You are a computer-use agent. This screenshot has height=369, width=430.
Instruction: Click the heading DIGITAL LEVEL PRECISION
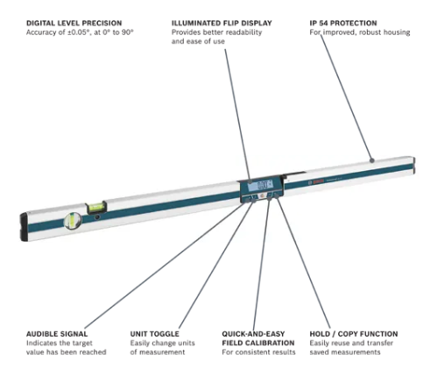coord(74,23)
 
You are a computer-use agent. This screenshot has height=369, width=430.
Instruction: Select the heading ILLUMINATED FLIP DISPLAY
coord(222,23)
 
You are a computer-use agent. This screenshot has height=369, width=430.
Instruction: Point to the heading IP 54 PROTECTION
coord(343,23)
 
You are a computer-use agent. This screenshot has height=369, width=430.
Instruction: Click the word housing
coord(397,32)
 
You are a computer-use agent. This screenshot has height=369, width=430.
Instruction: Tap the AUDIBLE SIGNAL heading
coord(57,334)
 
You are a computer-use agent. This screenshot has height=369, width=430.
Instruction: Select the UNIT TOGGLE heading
coord(154,334)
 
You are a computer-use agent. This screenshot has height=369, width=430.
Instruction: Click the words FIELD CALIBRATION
coord(258,343)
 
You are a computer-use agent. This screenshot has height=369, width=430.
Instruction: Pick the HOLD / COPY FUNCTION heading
coord(354,334)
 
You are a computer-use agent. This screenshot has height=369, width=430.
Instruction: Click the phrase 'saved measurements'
coord(345,352)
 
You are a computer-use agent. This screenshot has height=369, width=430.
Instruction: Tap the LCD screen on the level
coord(260,185)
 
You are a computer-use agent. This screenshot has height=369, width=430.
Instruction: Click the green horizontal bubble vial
coord(95,207)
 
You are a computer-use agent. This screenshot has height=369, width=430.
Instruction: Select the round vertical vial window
coord(73,221)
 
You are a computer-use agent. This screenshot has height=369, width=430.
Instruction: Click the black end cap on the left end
coord(24,227)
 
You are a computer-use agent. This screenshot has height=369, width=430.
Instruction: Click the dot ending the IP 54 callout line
coord(371,160)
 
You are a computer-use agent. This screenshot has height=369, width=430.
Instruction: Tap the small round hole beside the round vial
coord(97,217)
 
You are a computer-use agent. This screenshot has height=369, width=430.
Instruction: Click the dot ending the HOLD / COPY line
coord(277,196)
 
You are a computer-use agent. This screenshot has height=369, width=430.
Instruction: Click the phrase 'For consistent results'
coord(258,352)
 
